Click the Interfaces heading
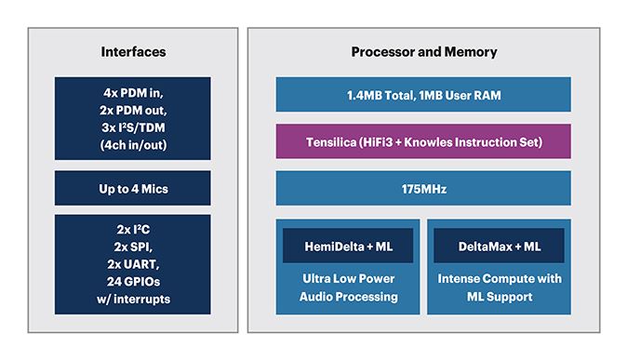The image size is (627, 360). tap(132, 51)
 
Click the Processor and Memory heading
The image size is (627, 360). tap(423, 51)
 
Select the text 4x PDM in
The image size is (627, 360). tap(132, 93)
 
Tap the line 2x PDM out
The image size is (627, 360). tap(132, 110)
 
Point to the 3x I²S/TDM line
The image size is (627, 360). tap(132, 127)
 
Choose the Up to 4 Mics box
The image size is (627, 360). tap(132, 189)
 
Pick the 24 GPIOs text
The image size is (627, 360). tap(132, 282)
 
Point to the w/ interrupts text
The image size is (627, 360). tap(132, 299)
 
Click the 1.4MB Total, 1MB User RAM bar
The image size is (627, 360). tap(423, 95)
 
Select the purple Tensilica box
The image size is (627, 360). tap(423, 141)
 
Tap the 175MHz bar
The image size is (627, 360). tap(423, 189)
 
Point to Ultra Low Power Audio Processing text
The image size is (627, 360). tap(349, 287)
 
